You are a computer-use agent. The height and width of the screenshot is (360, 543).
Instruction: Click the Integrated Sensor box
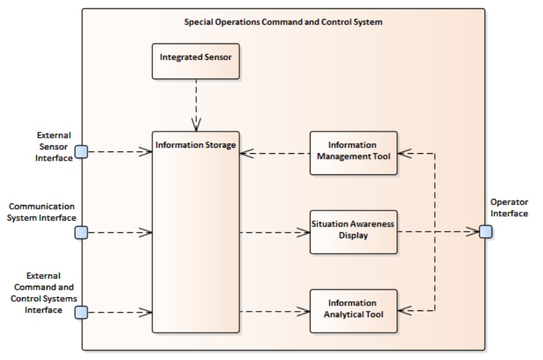(x=196, y=61)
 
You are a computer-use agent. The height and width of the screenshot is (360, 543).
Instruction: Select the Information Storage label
(x=196, y=145)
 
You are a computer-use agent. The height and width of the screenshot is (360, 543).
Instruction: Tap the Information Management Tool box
(x=353, y=153)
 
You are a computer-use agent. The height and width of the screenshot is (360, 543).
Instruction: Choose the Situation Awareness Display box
(x=353, y=232)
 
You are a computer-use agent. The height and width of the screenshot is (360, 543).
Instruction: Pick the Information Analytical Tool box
(x=353, y=311)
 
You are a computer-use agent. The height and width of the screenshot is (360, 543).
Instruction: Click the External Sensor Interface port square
(x=81, y=152)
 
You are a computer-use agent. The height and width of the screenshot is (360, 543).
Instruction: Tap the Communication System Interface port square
(x=81, y=232)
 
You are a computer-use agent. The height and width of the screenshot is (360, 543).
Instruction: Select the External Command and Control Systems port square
(x=81, y=312)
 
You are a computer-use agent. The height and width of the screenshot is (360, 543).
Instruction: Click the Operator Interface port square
(x=486, y=232)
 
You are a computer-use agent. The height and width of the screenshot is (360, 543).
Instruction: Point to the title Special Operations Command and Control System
(x=283, y=22)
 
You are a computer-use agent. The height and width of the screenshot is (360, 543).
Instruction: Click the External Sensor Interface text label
(x=54, y=147)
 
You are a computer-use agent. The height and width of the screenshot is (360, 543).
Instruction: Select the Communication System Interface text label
(x=42, y=212)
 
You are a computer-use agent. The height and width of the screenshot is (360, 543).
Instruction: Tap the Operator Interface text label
(x=509, y=208)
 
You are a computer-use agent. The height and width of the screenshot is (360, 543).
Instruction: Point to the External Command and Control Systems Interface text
(x=43, y=293)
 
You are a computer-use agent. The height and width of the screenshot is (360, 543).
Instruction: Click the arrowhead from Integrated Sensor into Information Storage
(x=196, y=125)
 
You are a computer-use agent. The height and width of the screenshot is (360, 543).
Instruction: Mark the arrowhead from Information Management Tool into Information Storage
(x=246, y=153)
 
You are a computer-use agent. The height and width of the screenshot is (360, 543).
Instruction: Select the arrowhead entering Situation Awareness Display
(x=303, y=232)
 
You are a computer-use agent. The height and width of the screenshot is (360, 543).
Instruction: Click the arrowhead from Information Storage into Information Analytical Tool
(x=303, y=312)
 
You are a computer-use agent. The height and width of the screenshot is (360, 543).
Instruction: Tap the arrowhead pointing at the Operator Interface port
(x=473, y=232)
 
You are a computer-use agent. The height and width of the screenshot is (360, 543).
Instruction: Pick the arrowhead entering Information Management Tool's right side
(x=405, y=153)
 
